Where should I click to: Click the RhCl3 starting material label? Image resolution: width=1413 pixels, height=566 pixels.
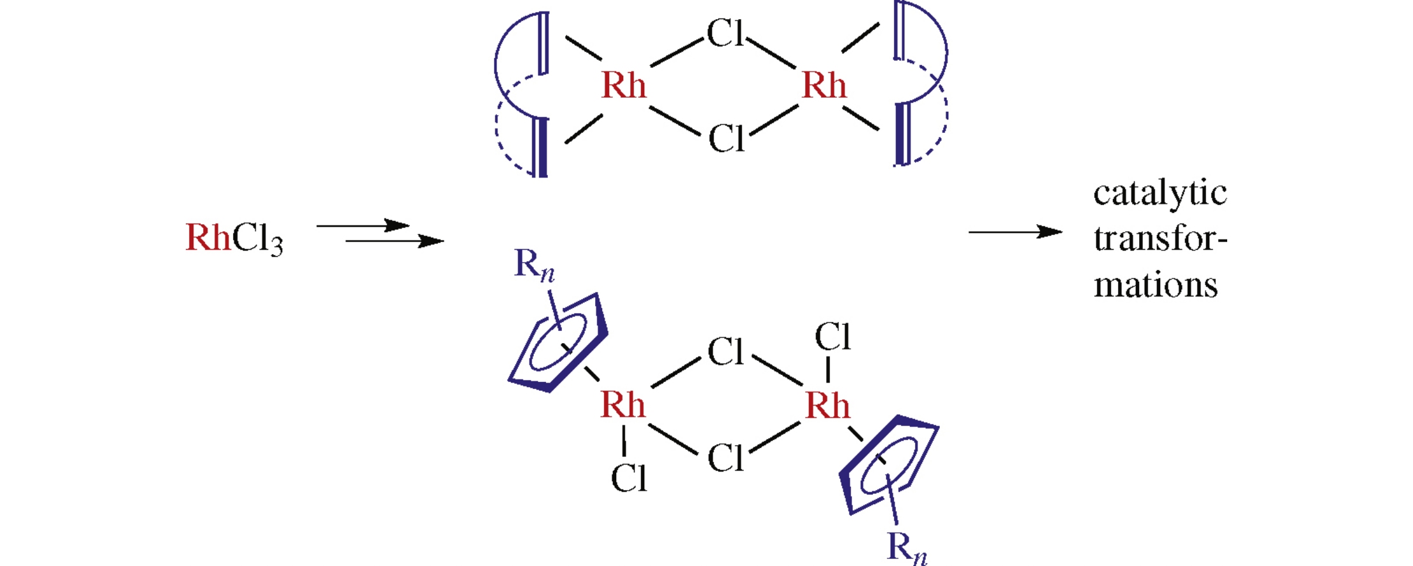(234, 239)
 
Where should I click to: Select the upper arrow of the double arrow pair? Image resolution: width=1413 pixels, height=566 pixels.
(362, 226)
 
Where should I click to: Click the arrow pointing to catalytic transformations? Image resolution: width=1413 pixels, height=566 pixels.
(1015, 232)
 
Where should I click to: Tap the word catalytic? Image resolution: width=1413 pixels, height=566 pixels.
(1160, 193)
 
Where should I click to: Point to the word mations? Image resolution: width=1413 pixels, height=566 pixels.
(1155, 285)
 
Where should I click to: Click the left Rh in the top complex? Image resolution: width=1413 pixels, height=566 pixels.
(623, 86)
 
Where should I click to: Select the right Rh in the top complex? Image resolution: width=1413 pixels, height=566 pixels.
(824, 86)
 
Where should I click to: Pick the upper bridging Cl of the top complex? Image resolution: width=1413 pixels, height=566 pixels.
(725, 33)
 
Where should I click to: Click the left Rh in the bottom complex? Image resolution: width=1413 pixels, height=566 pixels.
(623, 405)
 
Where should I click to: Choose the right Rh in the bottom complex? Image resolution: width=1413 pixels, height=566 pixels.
(827, 406)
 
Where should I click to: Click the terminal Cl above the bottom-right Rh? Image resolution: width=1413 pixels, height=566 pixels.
(833, 337)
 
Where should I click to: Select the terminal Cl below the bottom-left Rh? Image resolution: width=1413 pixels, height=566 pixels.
(628, 478)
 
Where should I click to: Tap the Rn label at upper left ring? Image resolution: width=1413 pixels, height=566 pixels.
(534, 264)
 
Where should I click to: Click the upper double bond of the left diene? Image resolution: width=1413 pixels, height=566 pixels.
(543, 43)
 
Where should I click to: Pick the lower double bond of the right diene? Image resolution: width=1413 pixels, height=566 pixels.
(902, 134)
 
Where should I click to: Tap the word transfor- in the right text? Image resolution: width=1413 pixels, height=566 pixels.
(1160, 239)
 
